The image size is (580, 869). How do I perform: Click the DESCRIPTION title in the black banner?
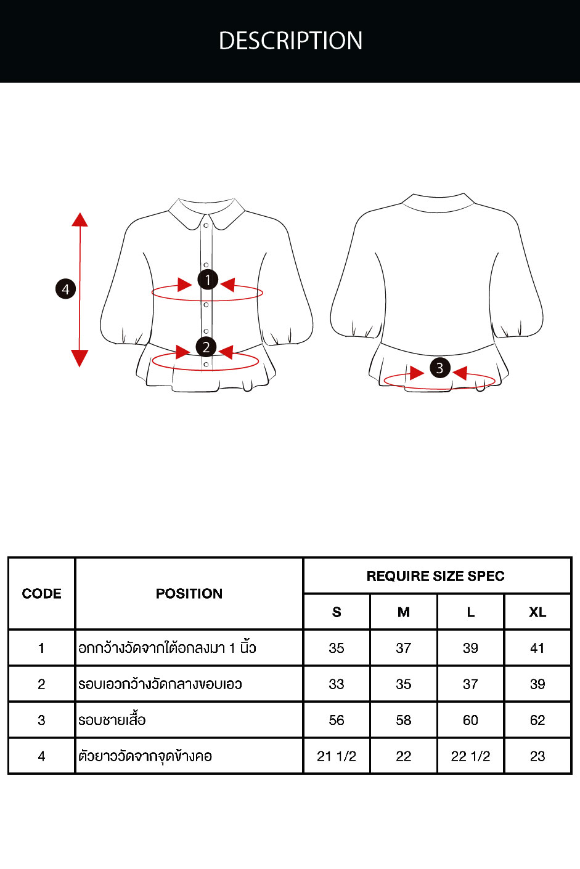coord(290,41)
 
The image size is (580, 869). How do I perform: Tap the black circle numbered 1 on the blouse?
coord(208,280)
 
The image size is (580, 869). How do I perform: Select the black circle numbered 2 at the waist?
coord(206,347)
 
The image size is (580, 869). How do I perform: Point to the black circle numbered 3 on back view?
coord(440,368)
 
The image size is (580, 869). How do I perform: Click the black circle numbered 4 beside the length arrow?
coord(65,289)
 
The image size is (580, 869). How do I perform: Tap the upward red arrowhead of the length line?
coord(80,220)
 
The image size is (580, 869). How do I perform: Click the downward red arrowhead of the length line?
coord(80,358)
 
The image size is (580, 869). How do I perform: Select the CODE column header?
coord(41,594)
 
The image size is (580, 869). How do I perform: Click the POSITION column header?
coord(189,594)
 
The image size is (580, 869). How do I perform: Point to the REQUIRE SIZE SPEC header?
coord(436,576)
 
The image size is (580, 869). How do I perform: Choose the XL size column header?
coord(537,612)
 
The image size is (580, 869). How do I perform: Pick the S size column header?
coord(337,612)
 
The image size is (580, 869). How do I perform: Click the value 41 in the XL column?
coord(537,648)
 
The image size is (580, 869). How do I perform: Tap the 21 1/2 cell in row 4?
coord(336,756)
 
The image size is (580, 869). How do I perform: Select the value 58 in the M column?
coord(403,720)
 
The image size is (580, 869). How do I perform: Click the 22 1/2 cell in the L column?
coord(470,756)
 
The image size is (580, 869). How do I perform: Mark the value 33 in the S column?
coord(336,684)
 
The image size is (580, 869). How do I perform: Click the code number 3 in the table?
coord(41,720)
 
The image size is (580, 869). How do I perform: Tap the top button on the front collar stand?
coord(206,225)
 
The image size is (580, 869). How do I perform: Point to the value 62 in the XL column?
coord(537,720)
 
